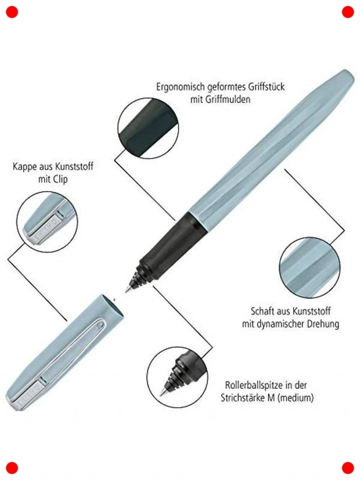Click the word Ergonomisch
point(180,87)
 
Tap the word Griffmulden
point(228,100)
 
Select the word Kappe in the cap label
point(25,167)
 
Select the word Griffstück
point(266,87)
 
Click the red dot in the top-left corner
point(12,12)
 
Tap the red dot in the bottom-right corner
point(348,468)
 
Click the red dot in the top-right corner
point(348,12)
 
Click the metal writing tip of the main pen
point(127,289)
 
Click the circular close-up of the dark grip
point(148,128)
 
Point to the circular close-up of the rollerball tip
point(177,378)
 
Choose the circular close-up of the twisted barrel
point(310,268)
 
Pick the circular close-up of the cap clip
point(47,222)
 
